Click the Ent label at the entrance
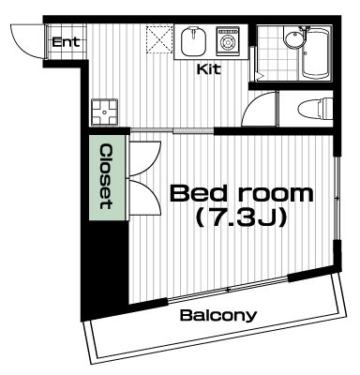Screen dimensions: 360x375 66,42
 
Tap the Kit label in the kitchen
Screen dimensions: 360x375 208,69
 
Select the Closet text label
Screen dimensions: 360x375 106,176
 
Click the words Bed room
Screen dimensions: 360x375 241,193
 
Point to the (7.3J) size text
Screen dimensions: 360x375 241,217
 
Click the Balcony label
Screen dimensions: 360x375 218,316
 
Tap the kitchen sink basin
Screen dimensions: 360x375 193,41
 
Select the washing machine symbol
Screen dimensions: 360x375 228,41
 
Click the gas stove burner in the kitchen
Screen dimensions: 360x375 104,112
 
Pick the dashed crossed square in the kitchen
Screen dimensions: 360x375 159,39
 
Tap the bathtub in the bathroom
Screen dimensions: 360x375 315,53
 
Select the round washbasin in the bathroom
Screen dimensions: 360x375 294,40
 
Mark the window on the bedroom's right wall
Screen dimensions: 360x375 337,198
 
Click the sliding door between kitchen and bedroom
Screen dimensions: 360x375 172,130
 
